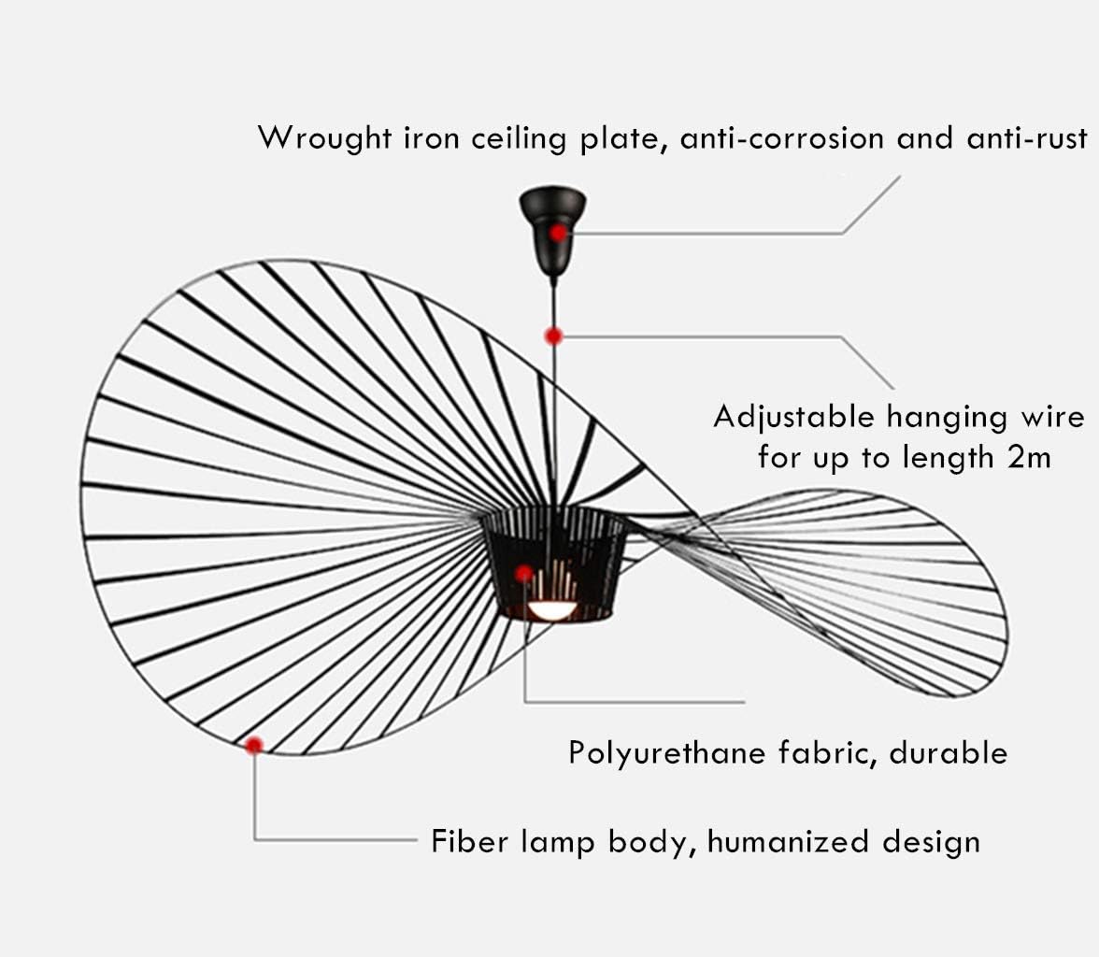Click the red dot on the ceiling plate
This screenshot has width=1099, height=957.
pos(558,233)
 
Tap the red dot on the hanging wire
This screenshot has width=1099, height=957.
pos(554,336)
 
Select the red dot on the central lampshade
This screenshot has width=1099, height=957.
pos(524,573)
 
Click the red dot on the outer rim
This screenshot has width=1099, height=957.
pos(254,745)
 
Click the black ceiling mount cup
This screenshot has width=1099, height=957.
pos(552,224)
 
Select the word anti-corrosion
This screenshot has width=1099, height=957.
pos(782,138)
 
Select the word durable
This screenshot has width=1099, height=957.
pos(948,752)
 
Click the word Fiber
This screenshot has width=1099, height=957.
pos(464,841)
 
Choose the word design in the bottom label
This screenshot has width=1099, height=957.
pos(931,841)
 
